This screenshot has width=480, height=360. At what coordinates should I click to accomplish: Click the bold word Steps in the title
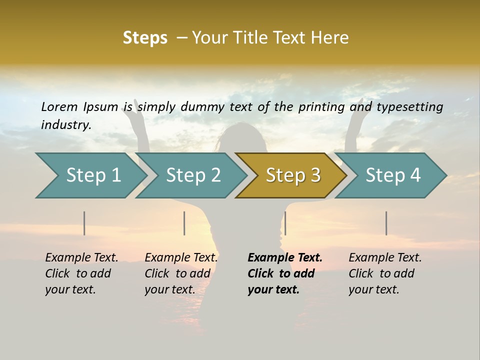coord(145,38)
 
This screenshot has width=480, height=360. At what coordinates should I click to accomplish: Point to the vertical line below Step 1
coord(84,223)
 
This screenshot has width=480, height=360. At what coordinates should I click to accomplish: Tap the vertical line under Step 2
coord(184,223)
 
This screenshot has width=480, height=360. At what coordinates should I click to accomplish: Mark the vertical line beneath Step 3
coord(285,223)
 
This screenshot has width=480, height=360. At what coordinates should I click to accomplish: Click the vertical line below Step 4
coord(386,223)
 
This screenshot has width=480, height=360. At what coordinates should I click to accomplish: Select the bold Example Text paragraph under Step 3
coord(284,273)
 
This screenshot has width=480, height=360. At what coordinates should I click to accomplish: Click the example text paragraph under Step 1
coord(81,273)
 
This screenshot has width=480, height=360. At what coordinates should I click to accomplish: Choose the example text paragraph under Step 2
coord(181,273)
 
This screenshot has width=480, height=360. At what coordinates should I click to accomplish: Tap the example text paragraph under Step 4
coord(385,273)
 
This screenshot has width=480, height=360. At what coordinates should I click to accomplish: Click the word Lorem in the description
coord(59,107)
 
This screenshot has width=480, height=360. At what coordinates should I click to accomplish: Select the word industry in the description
coord(66,125)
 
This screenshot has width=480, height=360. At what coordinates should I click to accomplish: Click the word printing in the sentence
coord(322,107)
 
